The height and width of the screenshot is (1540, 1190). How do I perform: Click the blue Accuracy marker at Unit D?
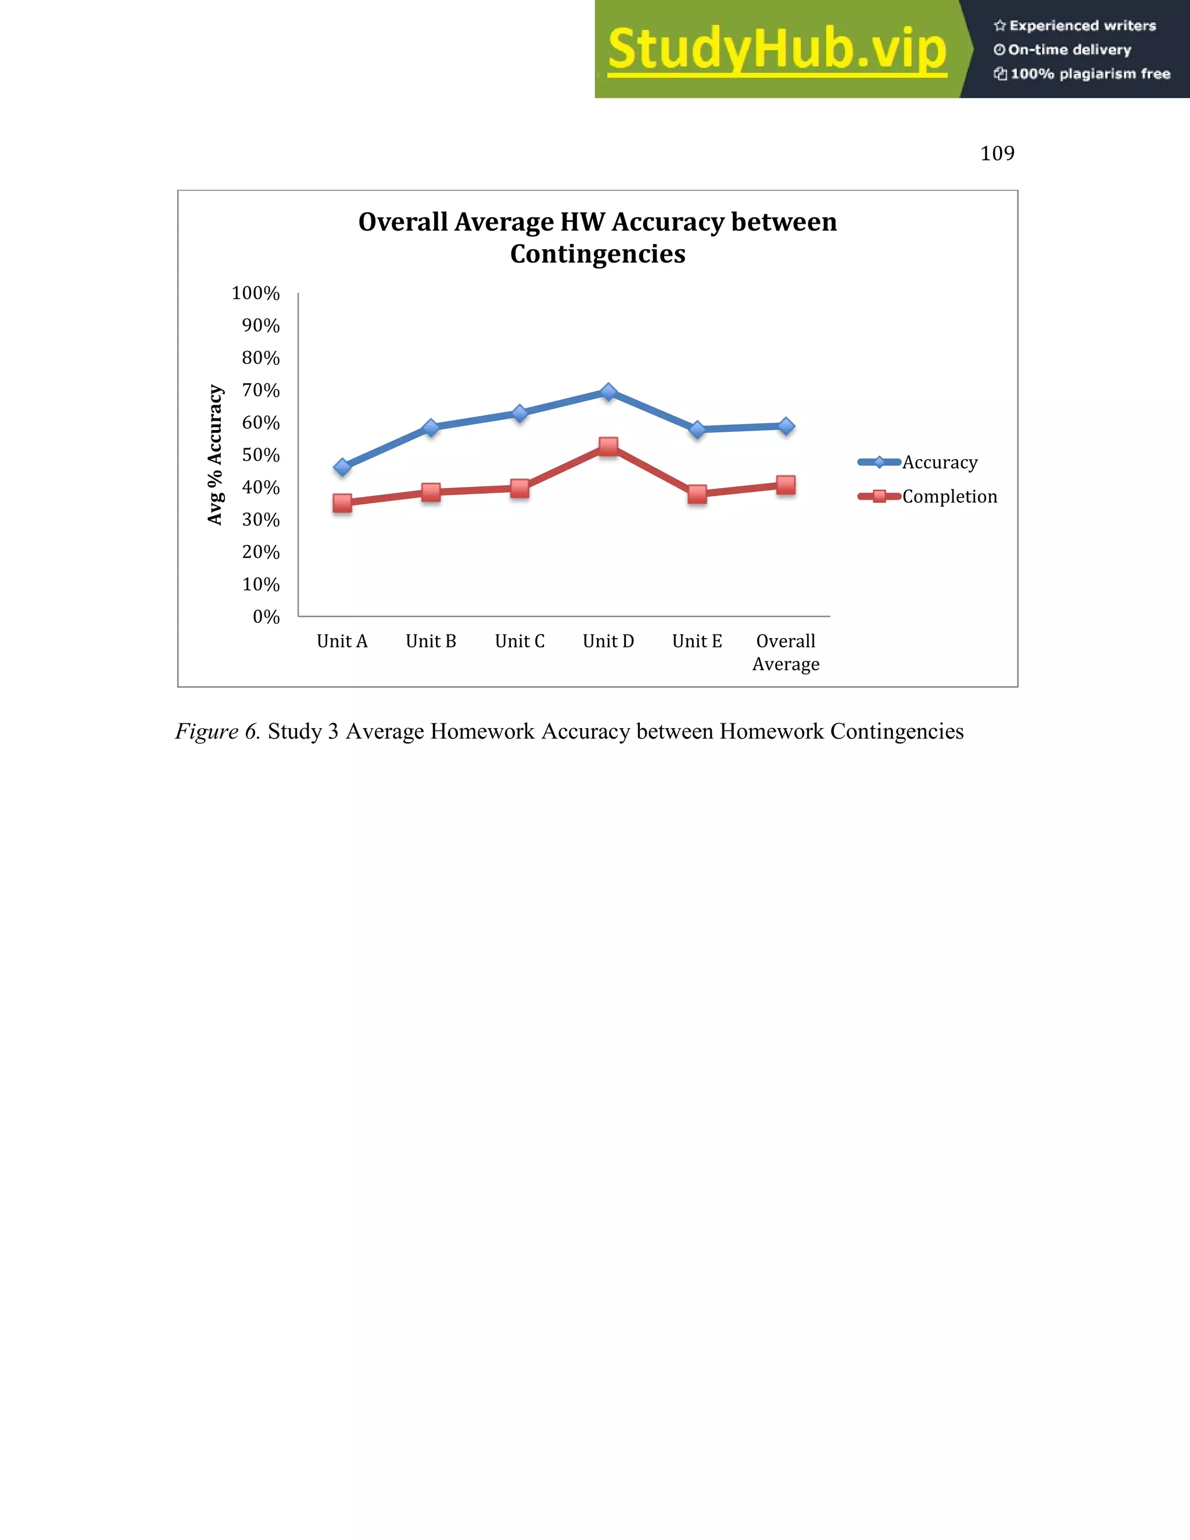pos(608,392)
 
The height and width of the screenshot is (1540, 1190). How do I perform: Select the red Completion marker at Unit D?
pos(608,446)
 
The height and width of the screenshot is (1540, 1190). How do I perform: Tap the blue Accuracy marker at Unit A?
pos(343,467)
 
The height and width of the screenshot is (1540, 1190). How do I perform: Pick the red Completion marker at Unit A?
pos(343,503)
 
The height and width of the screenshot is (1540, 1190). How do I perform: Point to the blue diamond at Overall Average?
pos(786,426)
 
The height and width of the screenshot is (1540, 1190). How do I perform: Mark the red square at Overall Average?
pos(786,485)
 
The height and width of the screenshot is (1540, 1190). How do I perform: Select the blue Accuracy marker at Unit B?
pos(431,427)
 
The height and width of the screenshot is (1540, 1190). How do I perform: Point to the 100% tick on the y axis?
pos(255,293)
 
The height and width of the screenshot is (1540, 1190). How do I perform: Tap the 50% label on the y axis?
pos(260,455)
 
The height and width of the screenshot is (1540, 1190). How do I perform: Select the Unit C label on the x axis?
pos(519,641)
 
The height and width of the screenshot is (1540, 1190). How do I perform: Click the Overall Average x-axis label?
pos(786,652)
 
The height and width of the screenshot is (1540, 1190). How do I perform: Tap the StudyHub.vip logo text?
pos(776,49)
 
